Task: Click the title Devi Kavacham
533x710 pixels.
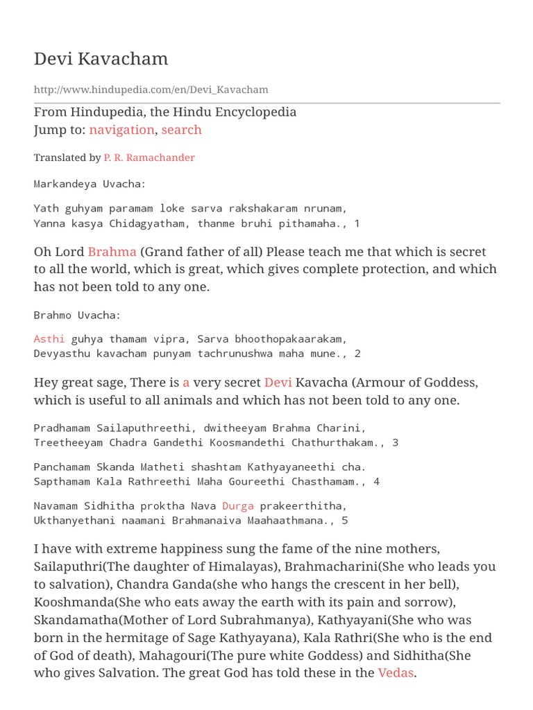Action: coord(101,59)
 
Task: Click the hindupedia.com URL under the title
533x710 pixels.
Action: coord(151,89)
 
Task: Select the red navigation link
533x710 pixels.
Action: coord(121,130)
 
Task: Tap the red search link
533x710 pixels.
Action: coord(182,130)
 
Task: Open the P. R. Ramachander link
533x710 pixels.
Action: coord(149,157)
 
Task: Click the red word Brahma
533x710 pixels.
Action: coord(112,252)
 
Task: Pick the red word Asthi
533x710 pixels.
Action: coord(49,338)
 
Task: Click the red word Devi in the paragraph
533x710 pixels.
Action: coord(278,383)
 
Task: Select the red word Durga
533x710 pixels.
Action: coord(238,505)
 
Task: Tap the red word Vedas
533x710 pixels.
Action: coord(396,673)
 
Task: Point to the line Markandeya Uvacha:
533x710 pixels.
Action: coord(90,184)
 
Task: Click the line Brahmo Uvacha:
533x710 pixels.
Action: coord(78,315)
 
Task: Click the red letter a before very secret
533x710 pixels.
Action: coord(186,383)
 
